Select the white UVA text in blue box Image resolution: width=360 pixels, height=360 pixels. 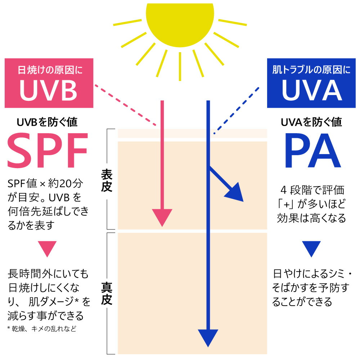tap(311, 90)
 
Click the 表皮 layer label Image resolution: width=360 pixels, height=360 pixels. tap(107, 181)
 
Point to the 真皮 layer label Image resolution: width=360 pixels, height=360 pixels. tap(107, 293)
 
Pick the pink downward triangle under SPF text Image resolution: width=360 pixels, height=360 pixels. tap(48, 248)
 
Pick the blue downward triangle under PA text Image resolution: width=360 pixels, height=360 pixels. tap(311, 248)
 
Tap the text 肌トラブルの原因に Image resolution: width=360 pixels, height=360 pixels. tap(311, 70)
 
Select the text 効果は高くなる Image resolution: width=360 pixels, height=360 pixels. tap(311, 218)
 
